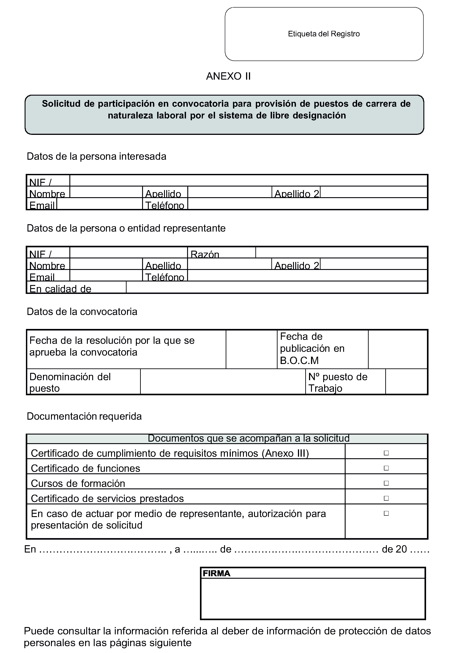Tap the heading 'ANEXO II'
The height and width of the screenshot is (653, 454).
(x=228, y=76)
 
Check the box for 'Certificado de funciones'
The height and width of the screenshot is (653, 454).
(x=386, y=468)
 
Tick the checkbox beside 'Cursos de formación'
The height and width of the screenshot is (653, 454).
(x=386, y=483)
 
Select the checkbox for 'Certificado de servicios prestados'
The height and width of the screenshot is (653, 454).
(x=386, y=498)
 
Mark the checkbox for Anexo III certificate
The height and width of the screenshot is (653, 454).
(x=386, y=453)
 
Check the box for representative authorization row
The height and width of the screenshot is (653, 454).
(x=386, y=513)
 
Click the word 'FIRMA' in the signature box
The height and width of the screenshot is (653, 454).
(x=216, y=573)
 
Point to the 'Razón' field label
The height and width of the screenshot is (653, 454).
(x=205, y=254)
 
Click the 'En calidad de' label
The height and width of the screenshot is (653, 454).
(x=60, y=289)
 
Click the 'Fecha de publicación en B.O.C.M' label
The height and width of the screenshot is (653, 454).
(x=312, y=348)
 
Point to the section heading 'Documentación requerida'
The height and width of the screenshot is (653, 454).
(x=84, y=416)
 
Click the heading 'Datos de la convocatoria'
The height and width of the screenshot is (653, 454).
(x=82, y=312)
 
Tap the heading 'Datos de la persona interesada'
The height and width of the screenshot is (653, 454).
(x=96, y=156)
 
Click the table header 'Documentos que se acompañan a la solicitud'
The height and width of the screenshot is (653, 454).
(x=249, y=438)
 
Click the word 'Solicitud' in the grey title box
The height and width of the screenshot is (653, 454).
(x=61, y=104)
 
